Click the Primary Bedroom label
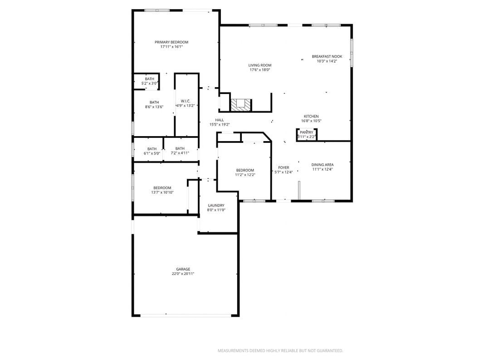point(171,42)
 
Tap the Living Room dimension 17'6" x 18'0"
point(260,70)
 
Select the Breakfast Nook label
point(327,56)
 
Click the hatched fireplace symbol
point(240,105)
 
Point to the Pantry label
point(307,132)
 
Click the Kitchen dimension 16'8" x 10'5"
point(311,121)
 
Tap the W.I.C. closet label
point(186,101)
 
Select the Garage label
point(183,269)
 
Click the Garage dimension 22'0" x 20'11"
point(183,274)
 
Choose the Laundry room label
point(216,206)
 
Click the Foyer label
point(284,168)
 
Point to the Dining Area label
point(322,165)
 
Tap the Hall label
point(220,120)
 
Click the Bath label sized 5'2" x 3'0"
point(149,79)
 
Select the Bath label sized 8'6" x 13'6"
point(154,103)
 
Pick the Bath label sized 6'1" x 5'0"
point(152,149)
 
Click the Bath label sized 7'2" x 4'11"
point(180,148)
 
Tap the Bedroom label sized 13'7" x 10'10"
point(162,188)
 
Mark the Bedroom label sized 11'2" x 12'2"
point(245,171)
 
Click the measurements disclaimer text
point(280,351)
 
